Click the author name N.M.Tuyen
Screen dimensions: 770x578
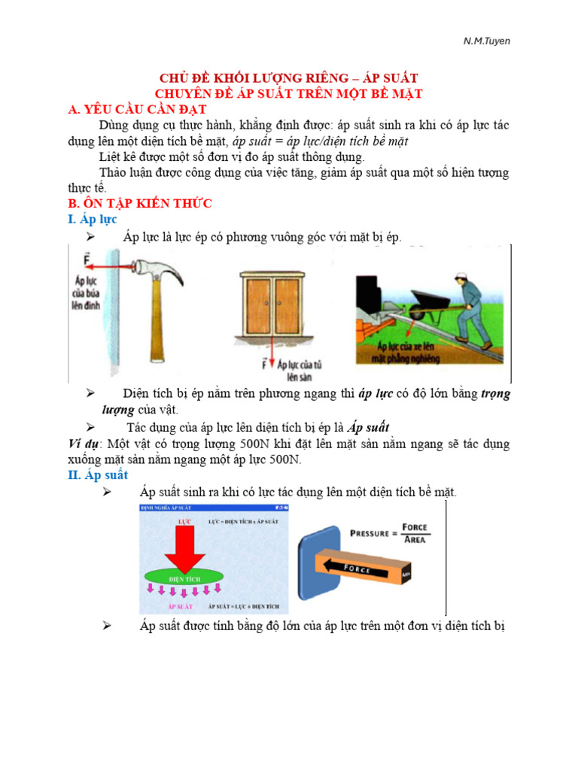pos(486,41)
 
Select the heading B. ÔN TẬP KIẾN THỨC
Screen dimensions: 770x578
pos(140,203)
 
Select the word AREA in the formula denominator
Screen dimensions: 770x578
pos(414,539)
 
